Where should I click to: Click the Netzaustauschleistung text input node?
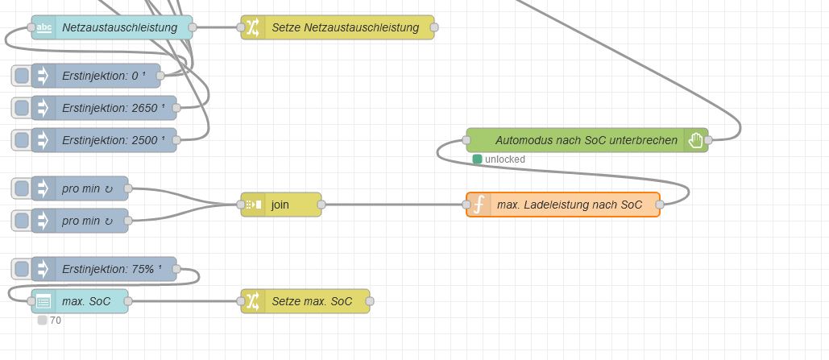(x=119, y=27)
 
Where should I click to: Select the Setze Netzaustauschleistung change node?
(x=345, y=27)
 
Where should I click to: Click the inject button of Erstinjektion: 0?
(x=22, y=76)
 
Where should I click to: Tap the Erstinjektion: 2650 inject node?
(x=112, y=108)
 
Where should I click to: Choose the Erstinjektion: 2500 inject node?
(x=112, y=140)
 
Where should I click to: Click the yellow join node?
(x=280, y=205)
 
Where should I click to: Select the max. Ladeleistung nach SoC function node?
(x=569, y=205)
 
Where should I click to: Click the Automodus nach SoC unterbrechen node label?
(x=586, y=140)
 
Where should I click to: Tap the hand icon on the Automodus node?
(x=696, y=140)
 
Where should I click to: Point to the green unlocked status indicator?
(x=477, y=159)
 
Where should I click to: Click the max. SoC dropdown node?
(x=86, y=301)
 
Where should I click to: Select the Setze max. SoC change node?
(x=311, y=301)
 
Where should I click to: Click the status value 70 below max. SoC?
(x=55, y=321)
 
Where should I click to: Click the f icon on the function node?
(x=479, y=205)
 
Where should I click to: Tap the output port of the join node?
(x=321, y=205)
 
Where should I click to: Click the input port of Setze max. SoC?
(x=241, y=301)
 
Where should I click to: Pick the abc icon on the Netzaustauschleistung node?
(x=44, y=27)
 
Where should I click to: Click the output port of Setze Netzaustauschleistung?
(x=434, y=27)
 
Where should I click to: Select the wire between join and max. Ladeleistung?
(x=395, y=205)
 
